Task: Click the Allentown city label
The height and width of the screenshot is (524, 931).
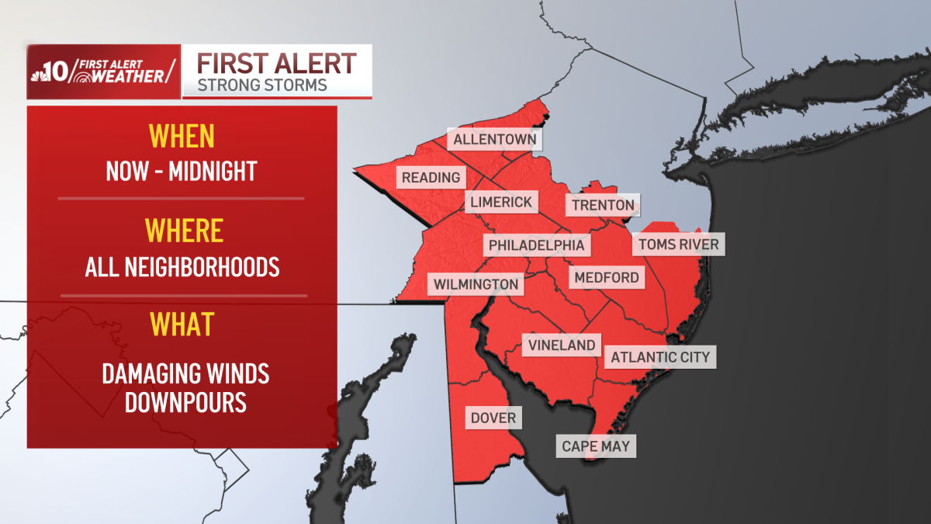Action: (x=495, y=140)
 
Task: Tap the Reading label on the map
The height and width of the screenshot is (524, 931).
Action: (x=431, y=178)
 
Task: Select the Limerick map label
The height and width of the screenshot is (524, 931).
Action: (x=501, y=203)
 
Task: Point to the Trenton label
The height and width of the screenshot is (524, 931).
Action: (x=603, y=206)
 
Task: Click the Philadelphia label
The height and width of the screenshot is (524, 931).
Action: (x=536, y=245)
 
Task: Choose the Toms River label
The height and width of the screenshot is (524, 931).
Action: (x=678, y=245)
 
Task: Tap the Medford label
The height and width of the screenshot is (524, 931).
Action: (x=607, y=277)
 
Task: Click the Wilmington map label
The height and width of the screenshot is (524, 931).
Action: (x=476, y=284)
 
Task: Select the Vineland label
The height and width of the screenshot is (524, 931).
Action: (x=562, y=345)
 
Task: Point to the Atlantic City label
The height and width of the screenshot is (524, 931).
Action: (x=660, y=357)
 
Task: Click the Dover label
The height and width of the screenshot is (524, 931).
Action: (x=493, y=418)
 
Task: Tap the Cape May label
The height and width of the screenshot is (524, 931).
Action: (x=596, y=446)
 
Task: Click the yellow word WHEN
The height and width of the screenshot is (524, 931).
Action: (x=181, y=137)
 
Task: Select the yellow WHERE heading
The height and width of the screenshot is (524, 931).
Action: (x=184, y=231)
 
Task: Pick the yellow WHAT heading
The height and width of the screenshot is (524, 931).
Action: (x=181, y=324)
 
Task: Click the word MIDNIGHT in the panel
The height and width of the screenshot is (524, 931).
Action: (x=213, y=171)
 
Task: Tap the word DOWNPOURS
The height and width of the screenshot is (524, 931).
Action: (x=186, y=402)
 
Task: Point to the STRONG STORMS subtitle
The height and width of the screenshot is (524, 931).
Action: (x=262, y=85)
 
